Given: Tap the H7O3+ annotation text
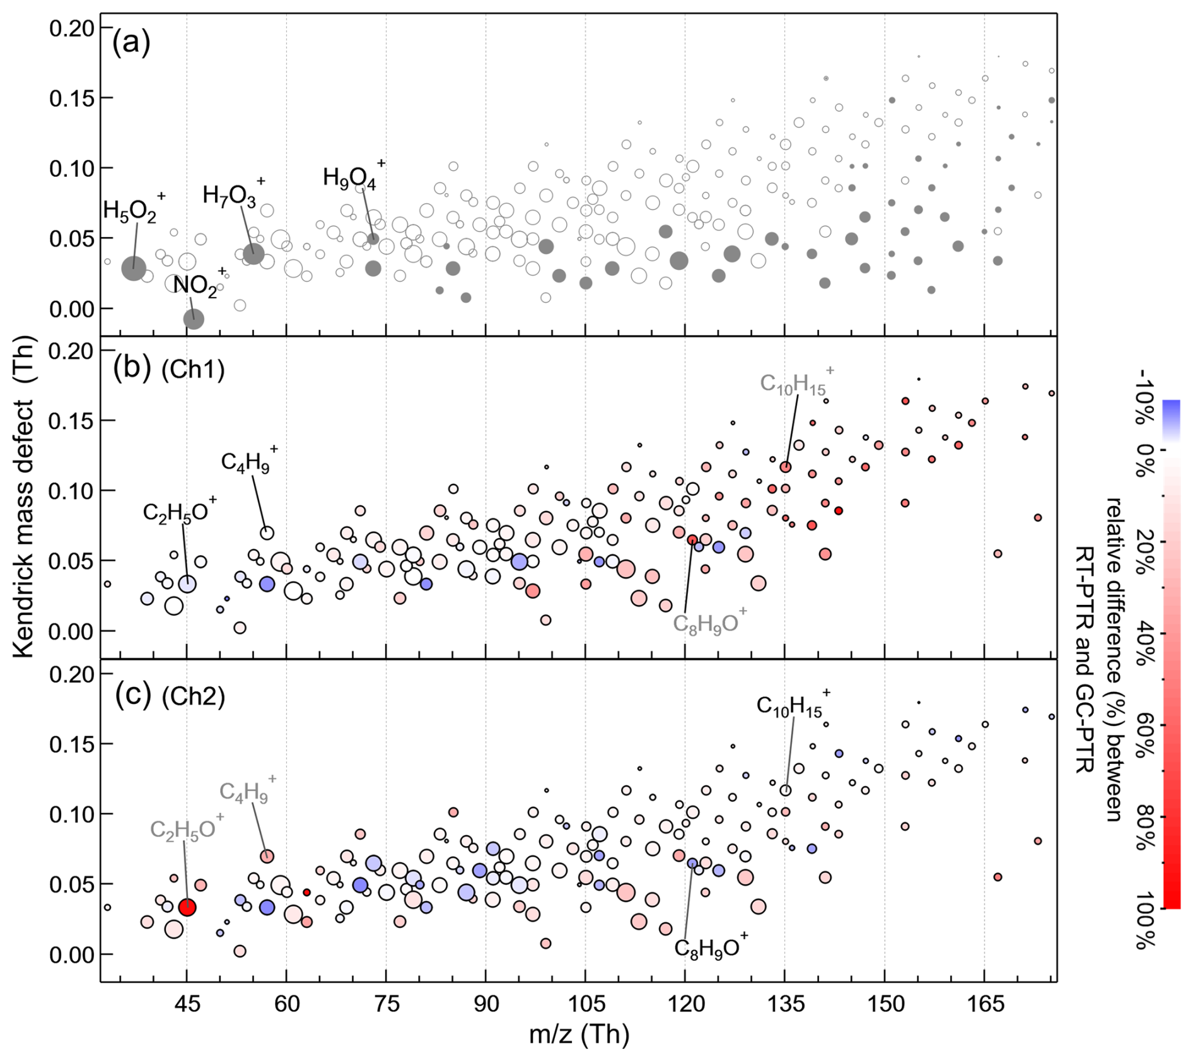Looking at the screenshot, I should pos(231,195).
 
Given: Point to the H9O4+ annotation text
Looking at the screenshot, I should pos(351,177).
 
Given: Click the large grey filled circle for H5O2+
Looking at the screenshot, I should pos(134,269).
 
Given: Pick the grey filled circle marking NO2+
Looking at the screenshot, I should pos(194,319).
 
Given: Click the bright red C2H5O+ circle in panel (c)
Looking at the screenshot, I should pos(187,908).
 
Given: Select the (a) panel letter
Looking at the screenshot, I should pos(131,43).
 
